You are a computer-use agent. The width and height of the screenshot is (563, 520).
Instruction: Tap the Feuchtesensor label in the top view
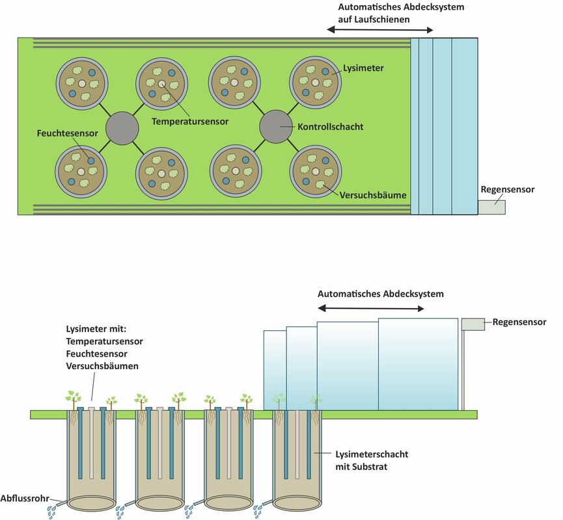pos(67,133)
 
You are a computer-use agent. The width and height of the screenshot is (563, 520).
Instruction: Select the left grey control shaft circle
pos(122,126)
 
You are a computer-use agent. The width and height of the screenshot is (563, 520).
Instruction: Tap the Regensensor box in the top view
pos(491,207)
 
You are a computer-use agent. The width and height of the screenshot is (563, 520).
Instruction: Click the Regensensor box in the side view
pos(473,323)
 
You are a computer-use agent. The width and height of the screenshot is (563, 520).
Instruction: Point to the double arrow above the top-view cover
pos(379,31)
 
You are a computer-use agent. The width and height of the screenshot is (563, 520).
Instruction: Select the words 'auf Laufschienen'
pos(374,19)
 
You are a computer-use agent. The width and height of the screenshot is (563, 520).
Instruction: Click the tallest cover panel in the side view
pos(417,363)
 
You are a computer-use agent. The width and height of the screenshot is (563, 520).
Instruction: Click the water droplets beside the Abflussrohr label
pos(51,512)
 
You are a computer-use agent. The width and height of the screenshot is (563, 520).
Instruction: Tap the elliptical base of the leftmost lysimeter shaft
pos(91,504)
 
